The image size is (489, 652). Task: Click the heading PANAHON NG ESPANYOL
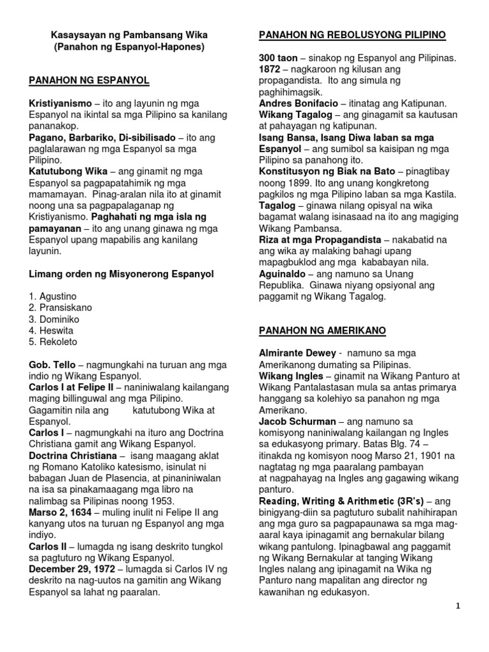tap(89, 80)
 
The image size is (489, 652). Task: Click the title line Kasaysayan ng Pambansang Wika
tap(129, 34)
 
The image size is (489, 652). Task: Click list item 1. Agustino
tap(53, 296)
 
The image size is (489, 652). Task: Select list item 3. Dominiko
tap(54, 319)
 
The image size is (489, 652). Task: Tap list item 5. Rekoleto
tap(53, 342)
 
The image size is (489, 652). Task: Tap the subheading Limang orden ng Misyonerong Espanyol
tap(122, 274)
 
